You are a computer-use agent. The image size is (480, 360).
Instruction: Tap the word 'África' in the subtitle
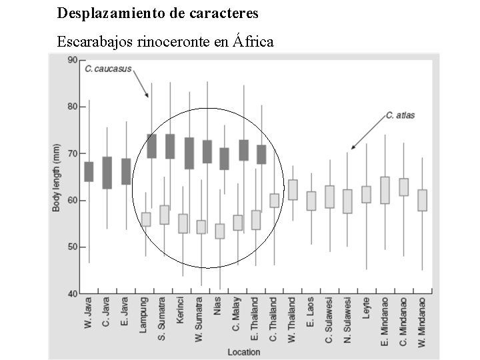tap(253, 41)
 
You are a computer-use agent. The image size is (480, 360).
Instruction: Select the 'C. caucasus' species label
tap(108, 68)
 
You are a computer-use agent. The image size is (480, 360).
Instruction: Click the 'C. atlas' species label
tap(400, 115)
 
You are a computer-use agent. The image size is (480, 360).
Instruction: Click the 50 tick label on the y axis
tap(73, 247)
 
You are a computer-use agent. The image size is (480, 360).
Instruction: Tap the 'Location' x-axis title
tap(243, 351)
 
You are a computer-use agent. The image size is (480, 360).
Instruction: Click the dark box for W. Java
tap(89, 171)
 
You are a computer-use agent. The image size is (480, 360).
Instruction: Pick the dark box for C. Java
tap(107, 173)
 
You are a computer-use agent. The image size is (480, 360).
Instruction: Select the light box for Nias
tap(220, 231)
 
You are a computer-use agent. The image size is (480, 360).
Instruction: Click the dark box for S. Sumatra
tap(170, 146)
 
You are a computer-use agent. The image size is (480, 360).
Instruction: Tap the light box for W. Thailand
tap(293, 189)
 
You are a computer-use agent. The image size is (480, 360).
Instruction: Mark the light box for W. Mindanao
tap(421, 200)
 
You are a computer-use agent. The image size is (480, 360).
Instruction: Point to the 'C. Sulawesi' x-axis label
tap(329, 323)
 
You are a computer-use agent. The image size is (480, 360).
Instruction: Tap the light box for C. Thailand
tap(274, 200)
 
